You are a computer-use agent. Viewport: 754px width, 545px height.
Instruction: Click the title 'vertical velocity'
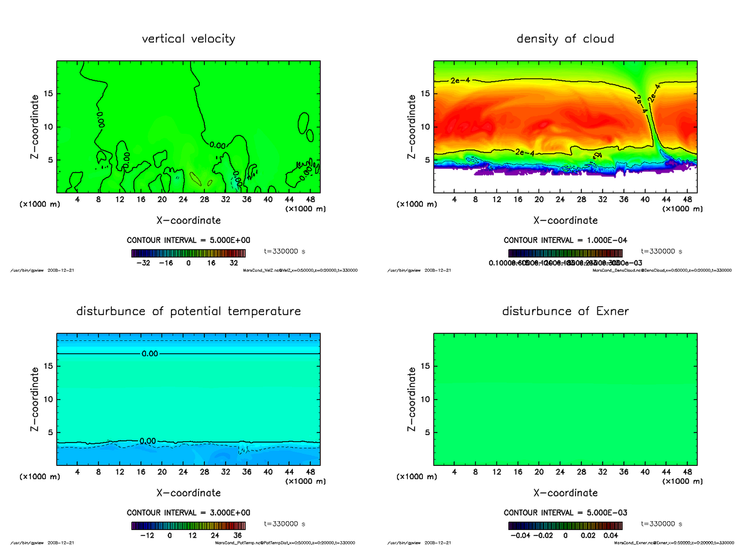[188, 39]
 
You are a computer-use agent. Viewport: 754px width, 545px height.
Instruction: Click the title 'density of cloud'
[565, 39]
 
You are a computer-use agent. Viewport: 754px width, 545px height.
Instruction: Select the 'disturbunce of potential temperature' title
[188, 311]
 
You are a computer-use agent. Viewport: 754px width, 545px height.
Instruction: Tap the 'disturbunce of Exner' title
[565, 311]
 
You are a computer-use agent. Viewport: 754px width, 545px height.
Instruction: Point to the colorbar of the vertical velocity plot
[188, 253]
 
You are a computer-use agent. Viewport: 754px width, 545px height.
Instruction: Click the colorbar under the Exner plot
[565, 526]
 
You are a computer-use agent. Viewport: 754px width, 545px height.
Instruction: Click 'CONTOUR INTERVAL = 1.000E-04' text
[565, 240]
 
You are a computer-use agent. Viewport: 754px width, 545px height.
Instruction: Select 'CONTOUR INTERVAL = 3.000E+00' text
[188, 513]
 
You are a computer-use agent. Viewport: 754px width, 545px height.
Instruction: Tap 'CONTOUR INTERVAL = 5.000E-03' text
[565, 513]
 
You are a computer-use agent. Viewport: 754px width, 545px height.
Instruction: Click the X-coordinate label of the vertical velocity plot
[188, 220]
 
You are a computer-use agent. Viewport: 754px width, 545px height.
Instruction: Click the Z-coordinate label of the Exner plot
[412, 399]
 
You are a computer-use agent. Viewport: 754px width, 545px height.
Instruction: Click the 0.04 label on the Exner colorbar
[611, 536]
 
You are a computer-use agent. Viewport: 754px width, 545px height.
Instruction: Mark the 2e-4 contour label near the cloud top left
[460, 80]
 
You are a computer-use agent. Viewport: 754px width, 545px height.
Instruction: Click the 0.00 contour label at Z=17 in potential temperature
[150, 354]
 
